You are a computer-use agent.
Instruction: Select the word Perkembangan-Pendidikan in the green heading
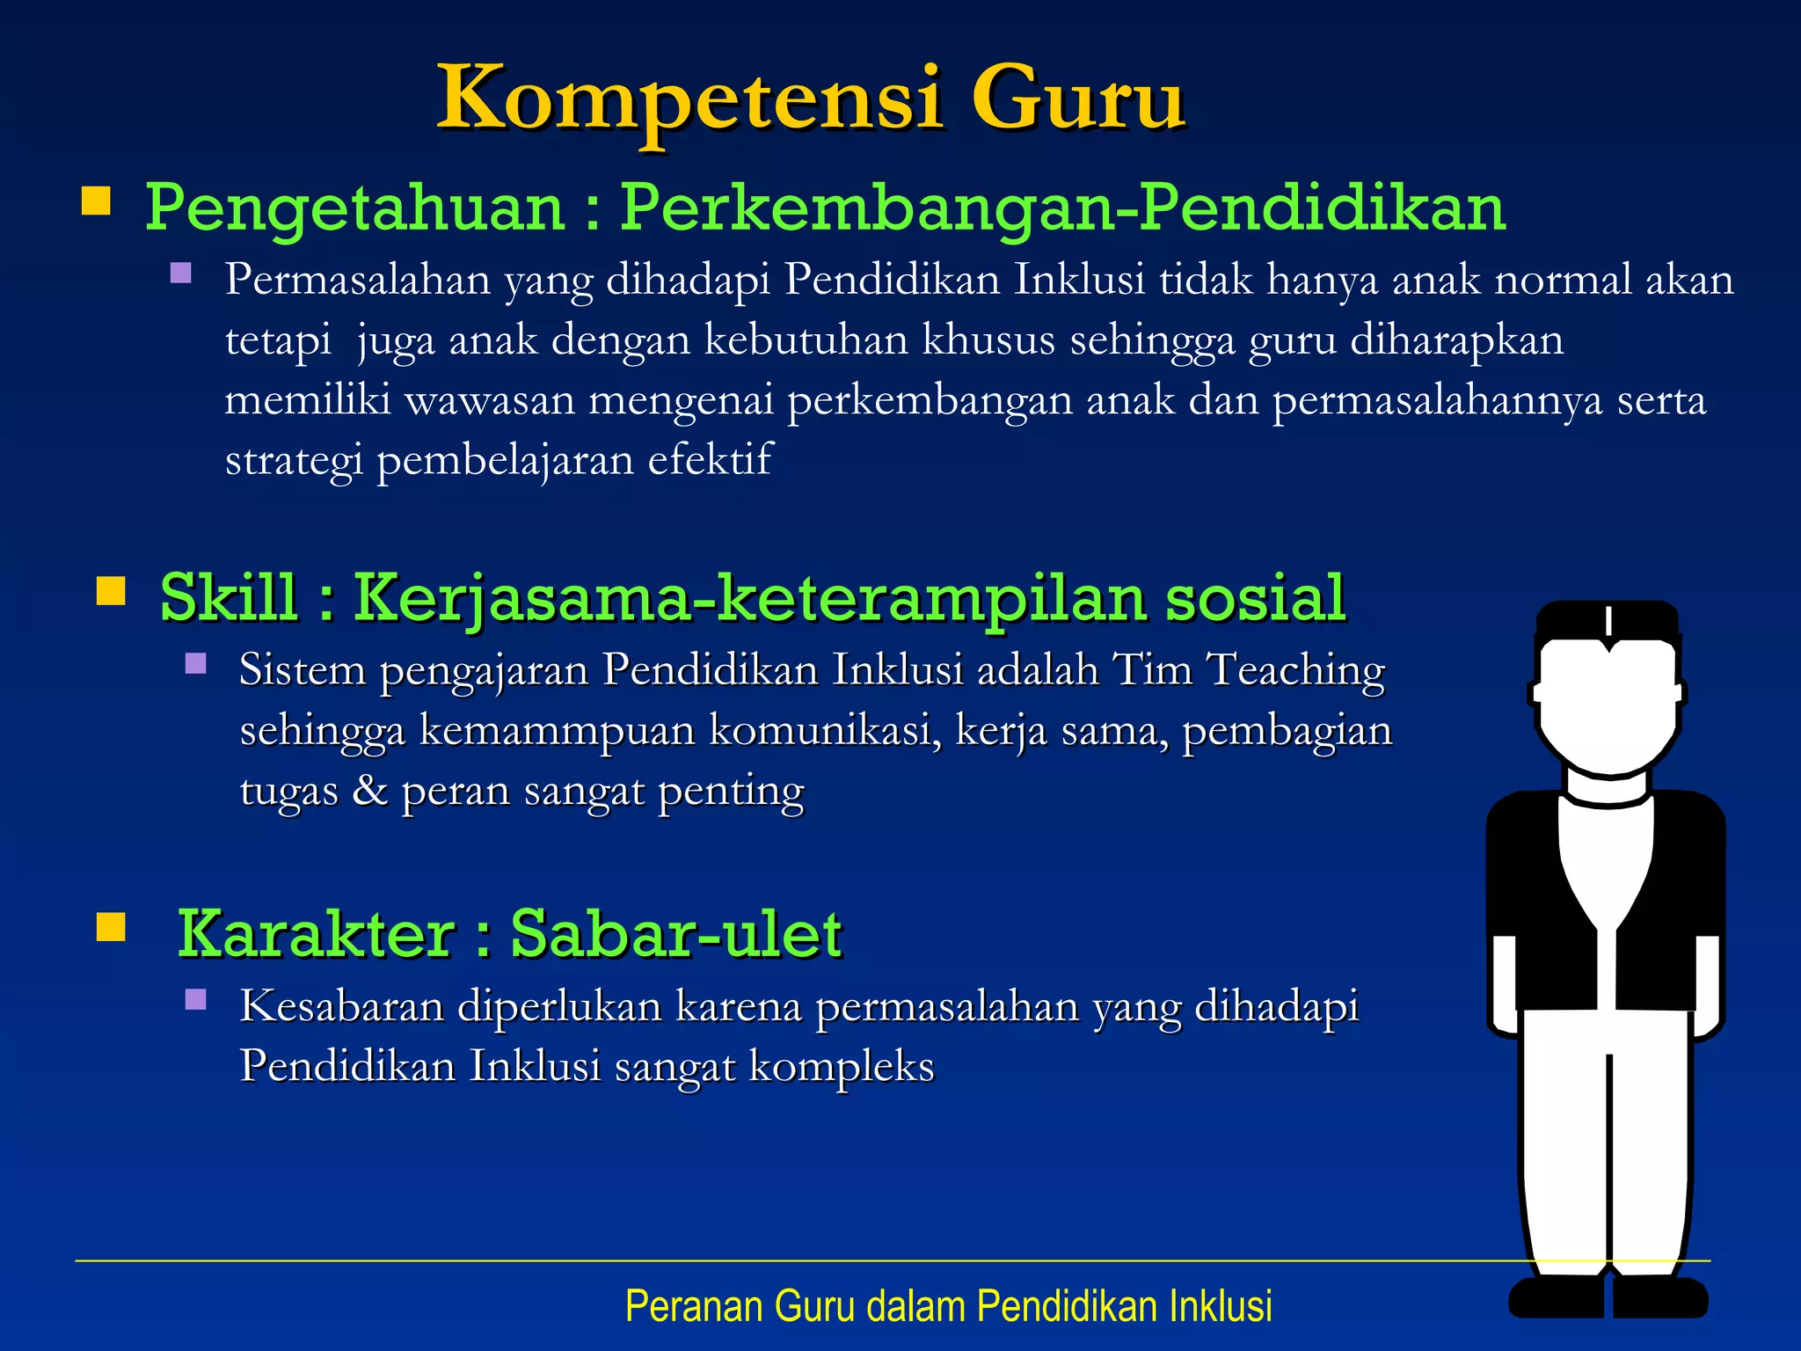click(1062, 209)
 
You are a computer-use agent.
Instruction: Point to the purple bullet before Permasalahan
click(181, 273)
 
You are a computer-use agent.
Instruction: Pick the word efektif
click(710, 460)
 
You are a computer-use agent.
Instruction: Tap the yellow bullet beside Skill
click(111, 591)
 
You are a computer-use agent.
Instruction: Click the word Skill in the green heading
click(229, 598)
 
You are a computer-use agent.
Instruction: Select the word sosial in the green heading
click(1255, 598)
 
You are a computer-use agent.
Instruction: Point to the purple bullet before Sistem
click(196, 663)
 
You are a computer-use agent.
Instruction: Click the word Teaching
click(1295, 670)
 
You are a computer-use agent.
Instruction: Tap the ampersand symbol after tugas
click(369, 789)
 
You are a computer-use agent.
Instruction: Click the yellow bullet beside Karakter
click(111, 927)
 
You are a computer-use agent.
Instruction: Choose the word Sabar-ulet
click(676, 934)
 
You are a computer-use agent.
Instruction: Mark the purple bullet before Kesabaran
click(196, 999)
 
